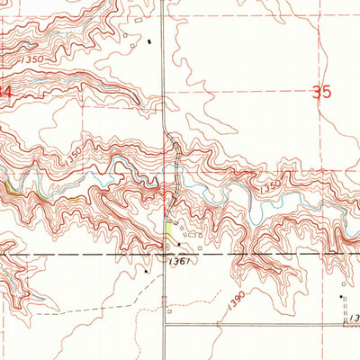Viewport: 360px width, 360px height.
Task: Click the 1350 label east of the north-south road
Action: (x=271, y=187)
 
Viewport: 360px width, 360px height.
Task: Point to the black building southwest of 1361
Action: (x=146, y=268)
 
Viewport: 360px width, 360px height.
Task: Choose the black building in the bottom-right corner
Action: (x=341, y=296)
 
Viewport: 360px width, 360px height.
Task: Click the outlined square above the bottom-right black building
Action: (x=342, y=284)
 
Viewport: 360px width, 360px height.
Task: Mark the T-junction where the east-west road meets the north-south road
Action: (x=165, y=325)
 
